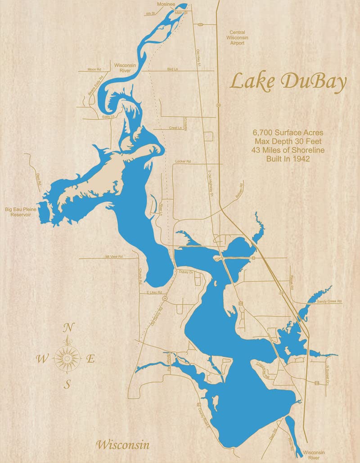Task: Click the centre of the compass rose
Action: (68, 359)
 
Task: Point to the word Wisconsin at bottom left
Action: (122, 445)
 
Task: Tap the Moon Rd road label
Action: (94, 70)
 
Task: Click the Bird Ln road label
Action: (172, 69)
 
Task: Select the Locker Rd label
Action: (182, 161)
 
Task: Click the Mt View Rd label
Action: (114, 256)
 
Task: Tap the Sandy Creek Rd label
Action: (329, 301)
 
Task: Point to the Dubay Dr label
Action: (185, 272)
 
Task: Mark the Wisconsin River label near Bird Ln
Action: (125, 67)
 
